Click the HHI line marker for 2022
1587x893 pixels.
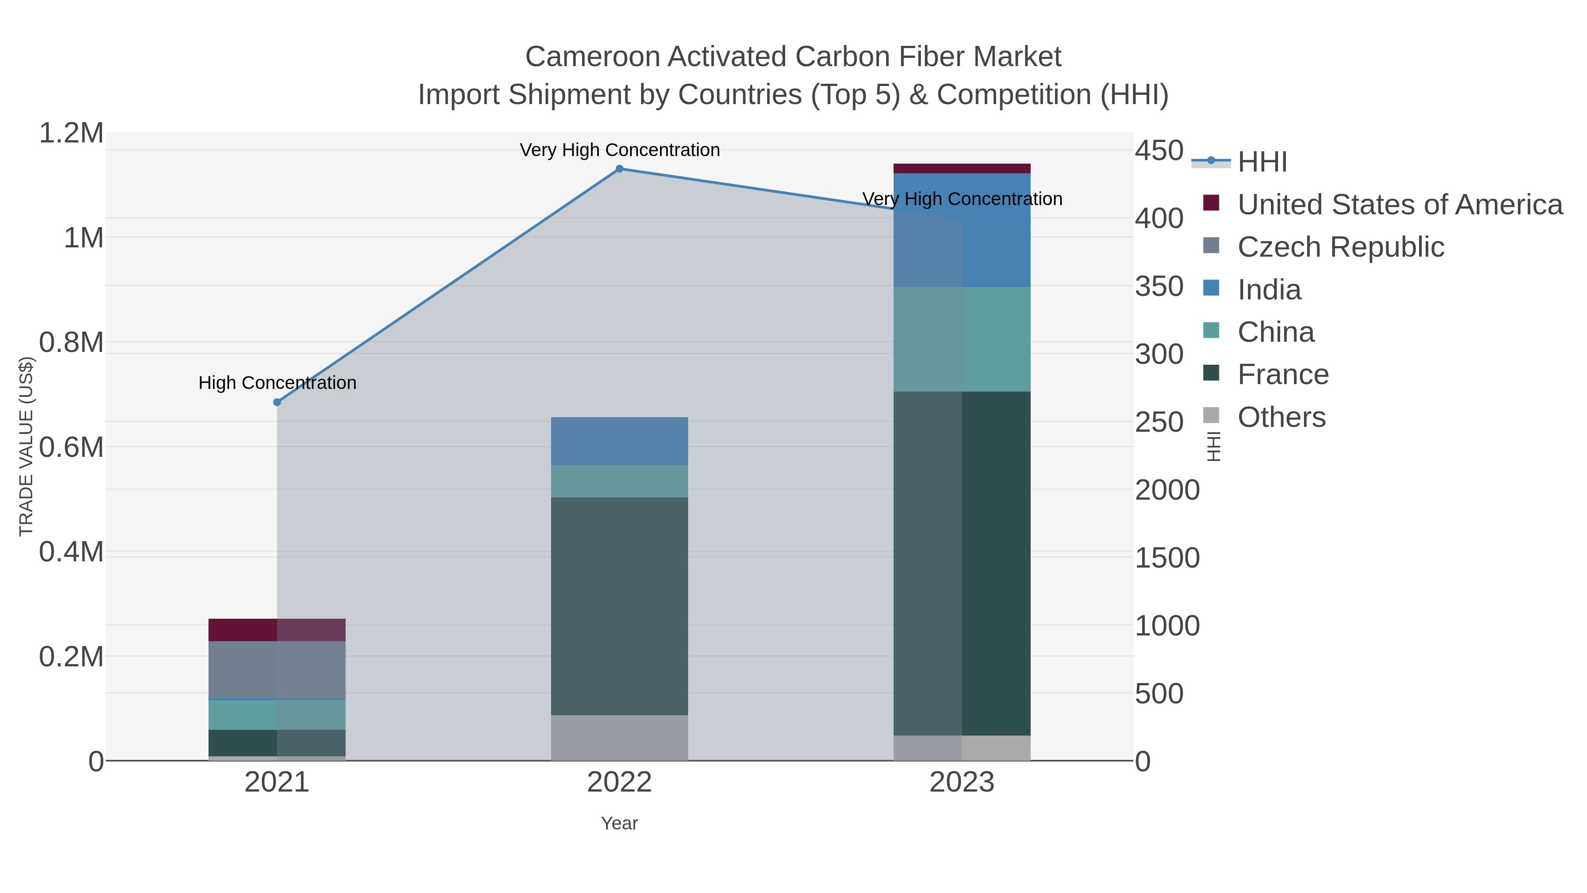click(619, 169)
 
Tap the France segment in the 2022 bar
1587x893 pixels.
click(619, 606)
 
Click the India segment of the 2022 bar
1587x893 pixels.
click(619, 441)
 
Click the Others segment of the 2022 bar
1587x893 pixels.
click(619, 738)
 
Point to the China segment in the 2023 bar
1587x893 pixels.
click(962, 339)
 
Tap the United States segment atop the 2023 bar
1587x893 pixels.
click(962, 169)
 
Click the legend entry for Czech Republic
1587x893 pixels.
click(1341, 247)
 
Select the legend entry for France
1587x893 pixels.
click(1283, 375)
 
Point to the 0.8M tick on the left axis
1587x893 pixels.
click(71, 343)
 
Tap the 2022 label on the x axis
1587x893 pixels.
click(619, 783)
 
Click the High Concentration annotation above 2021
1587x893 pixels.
click(277, 383)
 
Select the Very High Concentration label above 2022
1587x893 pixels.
click(619, 150)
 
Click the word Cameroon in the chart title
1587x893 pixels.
click(592, 57)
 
